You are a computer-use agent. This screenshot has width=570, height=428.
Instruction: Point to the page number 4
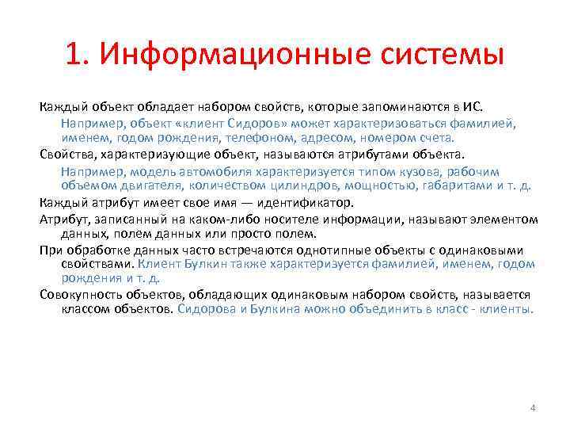(533, 407)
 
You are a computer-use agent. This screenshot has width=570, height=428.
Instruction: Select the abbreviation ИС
(481, 109)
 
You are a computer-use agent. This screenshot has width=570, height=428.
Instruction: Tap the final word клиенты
(507, 309)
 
